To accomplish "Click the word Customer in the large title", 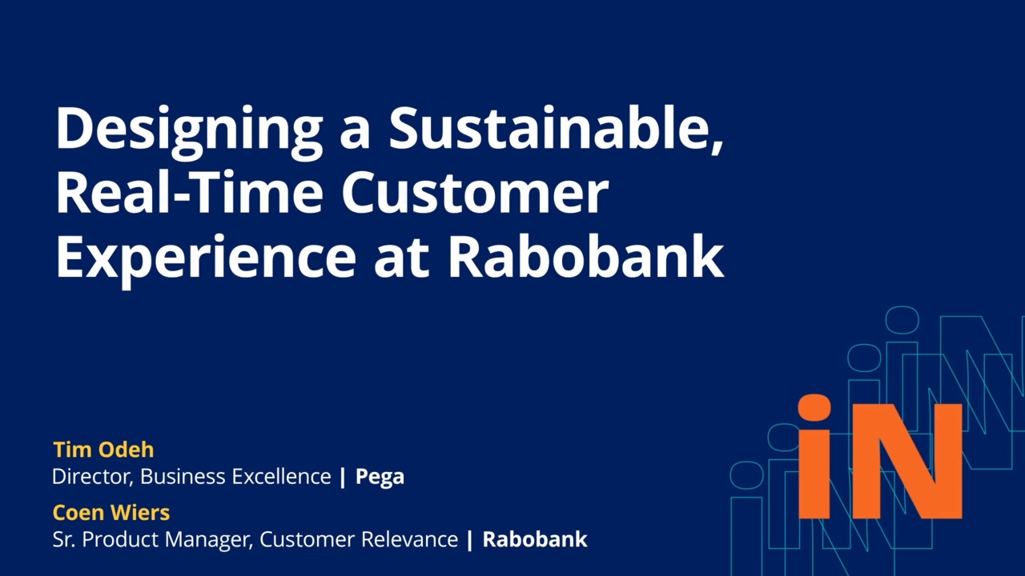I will (x=475, y=193).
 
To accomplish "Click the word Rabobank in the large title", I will (x=585, y=258).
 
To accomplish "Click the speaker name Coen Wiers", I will (x=111, y=512).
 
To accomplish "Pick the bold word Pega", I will (x=380, y=477).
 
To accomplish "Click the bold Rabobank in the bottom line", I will (x=535, y=539).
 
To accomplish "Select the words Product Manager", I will (x=168, y=539).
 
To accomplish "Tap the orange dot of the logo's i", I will (x=815, y=408).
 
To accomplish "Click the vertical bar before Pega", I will (x=343, y=477).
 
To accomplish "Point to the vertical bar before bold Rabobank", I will (x=470, y=539).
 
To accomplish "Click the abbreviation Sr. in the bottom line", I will (x=64, y=539).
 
